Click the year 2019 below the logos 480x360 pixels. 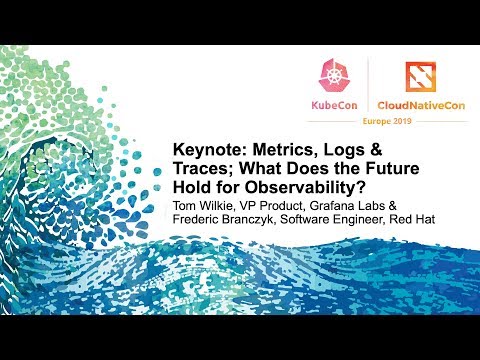pyautogui.click(x=421, y=121)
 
